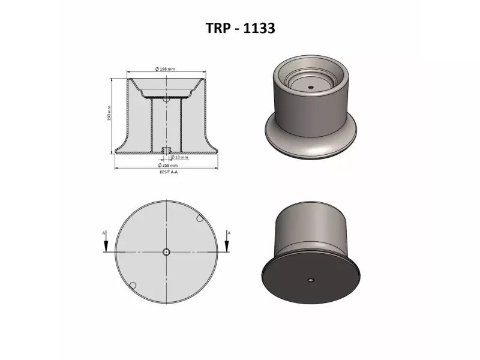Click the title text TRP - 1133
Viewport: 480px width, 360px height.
pos(239,28)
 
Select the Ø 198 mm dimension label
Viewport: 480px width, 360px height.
pos(165,70)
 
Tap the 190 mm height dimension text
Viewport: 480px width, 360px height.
pos(110,113)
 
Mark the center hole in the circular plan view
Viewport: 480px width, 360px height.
pos(167,252)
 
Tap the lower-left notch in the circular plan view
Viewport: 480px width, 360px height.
pos(134,284)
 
